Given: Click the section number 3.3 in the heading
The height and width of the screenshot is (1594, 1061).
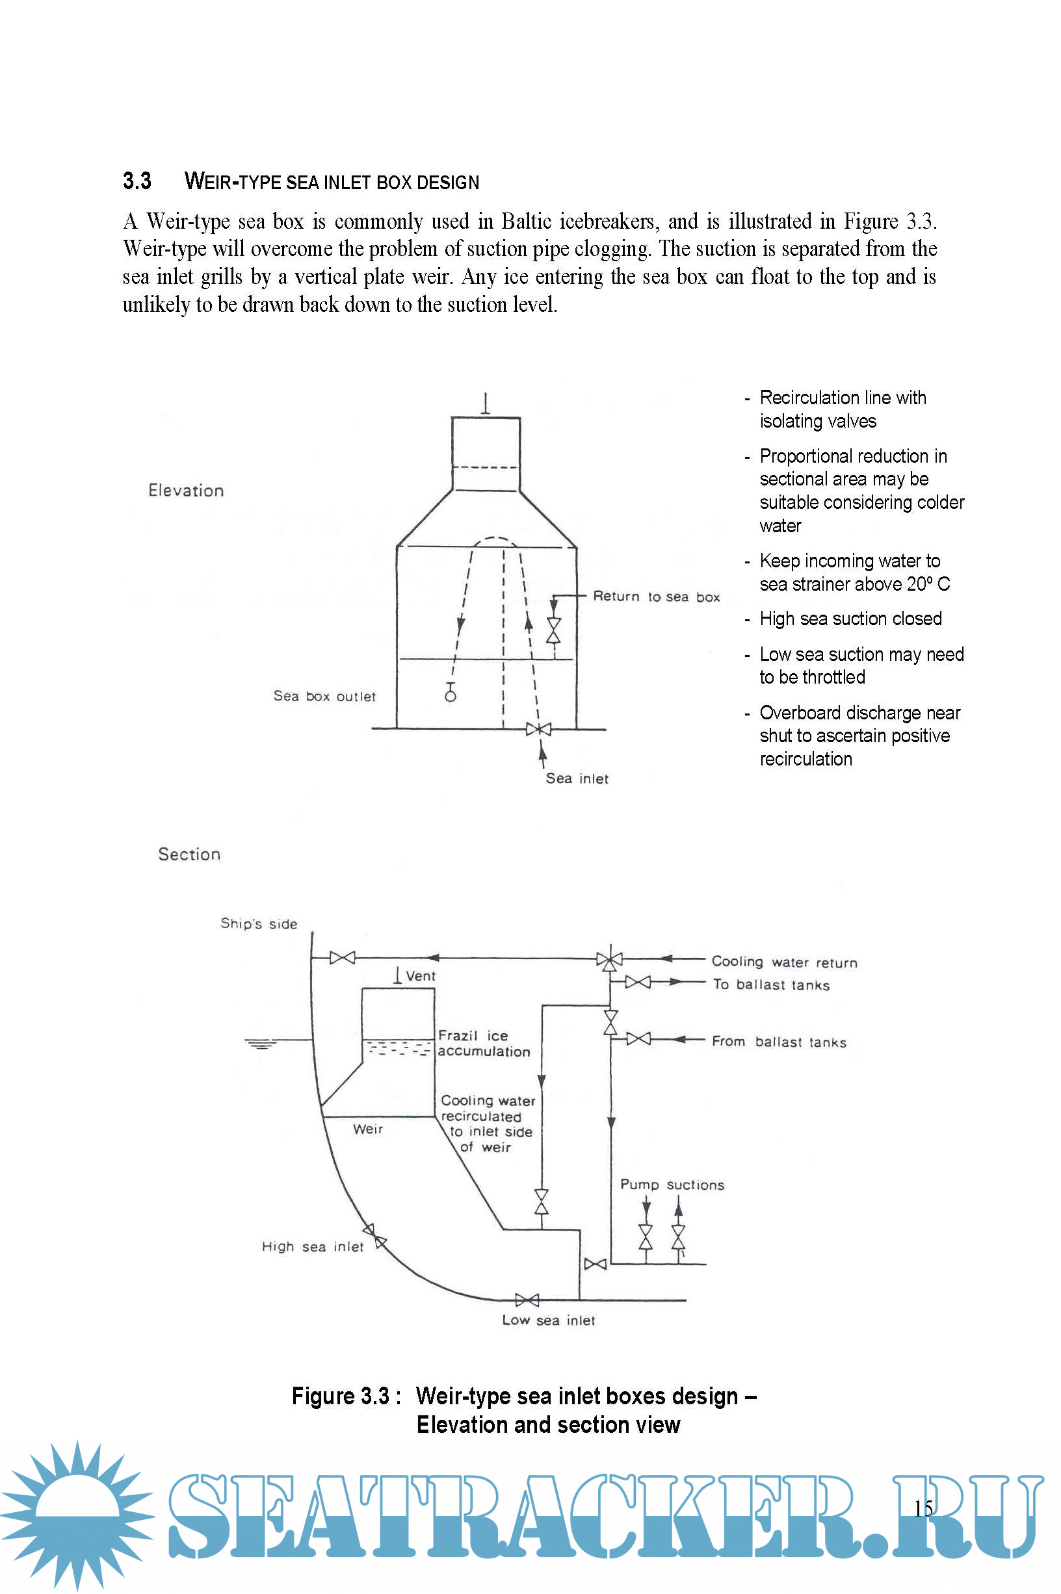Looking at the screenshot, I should (x=137, y=181).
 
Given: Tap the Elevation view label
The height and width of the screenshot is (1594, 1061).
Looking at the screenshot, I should (x=186, y=491).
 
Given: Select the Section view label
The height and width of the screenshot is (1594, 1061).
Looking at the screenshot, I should (x=189, y=854).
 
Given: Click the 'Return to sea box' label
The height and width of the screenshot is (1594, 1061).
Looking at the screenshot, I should (x=657, y=597).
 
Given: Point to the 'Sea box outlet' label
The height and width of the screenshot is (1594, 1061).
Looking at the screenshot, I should (x=324, y=696).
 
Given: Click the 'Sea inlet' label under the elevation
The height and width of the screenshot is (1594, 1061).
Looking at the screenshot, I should (x=577, y=778).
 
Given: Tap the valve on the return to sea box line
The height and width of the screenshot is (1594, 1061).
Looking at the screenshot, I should (x=553, y=630).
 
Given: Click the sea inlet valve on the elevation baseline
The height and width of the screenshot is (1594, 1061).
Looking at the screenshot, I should (x=538, y=729).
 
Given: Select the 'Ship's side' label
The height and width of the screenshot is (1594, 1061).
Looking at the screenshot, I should (x=259, y=924).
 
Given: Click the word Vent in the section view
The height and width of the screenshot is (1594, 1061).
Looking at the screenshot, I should (x=420, y=976).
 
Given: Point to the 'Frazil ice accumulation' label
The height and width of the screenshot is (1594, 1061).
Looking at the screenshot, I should (x=483, y=1044).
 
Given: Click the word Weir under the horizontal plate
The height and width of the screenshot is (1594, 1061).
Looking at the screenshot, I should (x=368, y=1129).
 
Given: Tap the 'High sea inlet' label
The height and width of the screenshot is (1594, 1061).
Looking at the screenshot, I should (x=313, y=1246).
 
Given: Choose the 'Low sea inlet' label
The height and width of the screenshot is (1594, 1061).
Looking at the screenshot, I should (x=548, y=1320).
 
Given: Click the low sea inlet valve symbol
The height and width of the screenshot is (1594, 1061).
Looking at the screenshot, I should (x=527, y=1300).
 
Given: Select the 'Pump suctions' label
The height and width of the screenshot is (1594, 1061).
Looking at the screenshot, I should (x=672, y=1184).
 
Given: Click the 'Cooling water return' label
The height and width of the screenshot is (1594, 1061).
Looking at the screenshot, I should (x=784, y=962).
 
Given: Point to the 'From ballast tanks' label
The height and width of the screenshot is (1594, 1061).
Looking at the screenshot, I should (x=779, y=1042).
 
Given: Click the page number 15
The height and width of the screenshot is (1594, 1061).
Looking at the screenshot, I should (x=923, y=1508).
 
